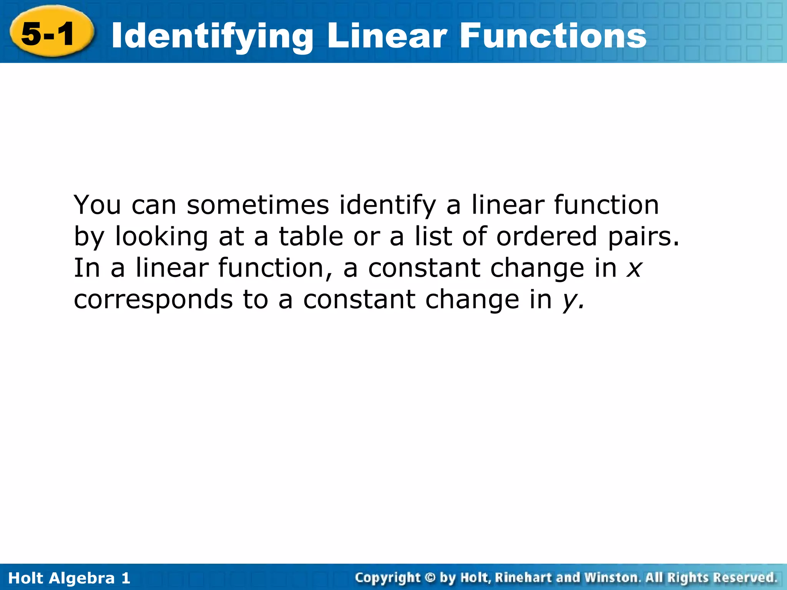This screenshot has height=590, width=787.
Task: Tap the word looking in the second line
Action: click(x=161, y=237)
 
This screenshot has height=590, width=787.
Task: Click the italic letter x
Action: click(x=634, y=268)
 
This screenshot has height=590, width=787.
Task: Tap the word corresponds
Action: click(x=153, y=301)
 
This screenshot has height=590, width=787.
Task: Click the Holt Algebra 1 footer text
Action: click(x=69, y=578)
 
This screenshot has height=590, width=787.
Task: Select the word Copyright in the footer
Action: click(x=388, y=578)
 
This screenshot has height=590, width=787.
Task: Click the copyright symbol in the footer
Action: click(x=430, y=578)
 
